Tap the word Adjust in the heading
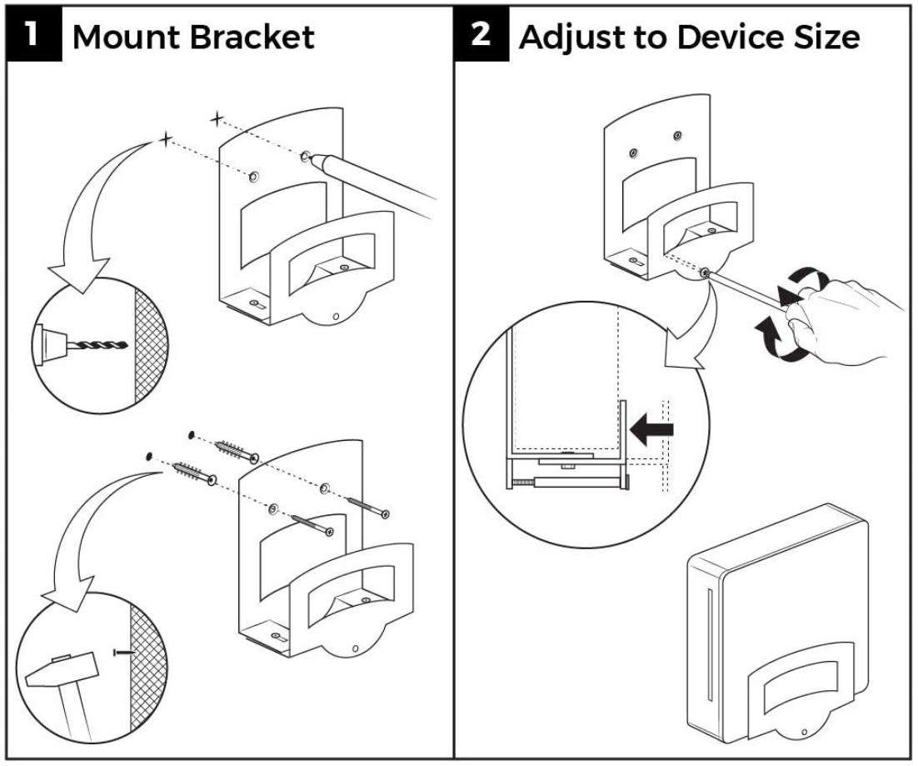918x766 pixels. click(573, 38)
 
